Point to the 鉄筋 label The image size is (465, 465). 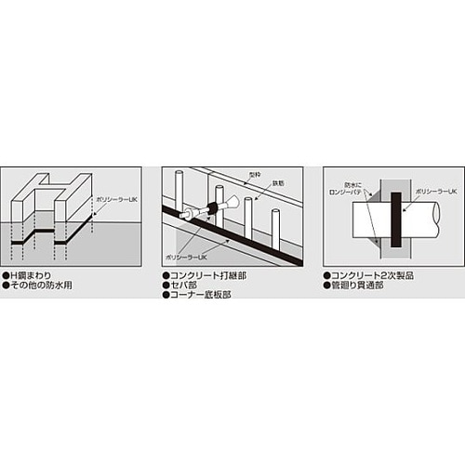click(275, 185)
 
